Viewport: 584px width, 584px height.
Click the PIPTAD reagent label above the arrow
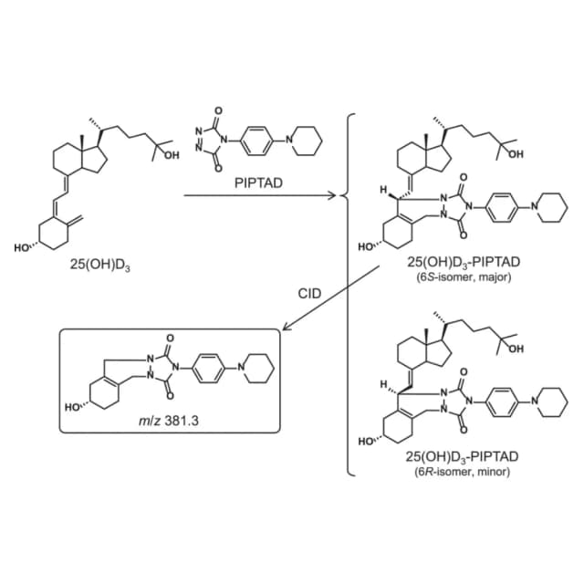pyautogui.click(x=258, y=182)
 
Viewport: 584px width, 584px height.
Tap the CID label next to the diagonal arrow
pyautogui.click(x=309, y=294)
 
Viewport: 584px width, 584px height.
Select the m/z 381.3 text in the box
pyautogui.click(x=168, y=421)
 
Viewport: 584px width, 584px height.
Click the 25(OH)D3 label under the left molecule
pyautogui.click(x=100, y=266)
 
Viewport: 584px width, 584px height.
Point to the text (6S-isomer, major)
pyautogui.click(x=464, y=277)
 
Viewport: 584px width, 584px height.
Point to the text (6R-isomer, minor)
pyautogui.click(x=462, y=472)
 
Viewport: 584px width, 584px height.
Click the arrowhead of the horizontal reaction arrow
pyautogui.click(x=332, y=194)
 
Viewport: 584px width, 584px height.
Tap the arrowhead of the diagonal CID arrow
pyautogui.click(x=287, y=327)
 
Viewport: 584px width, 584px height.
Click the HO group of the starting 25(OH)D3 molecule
pyautogui.click(x=23, y=247)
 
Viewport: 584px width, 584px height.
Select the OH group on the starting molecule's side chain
pyautogui.click(x=172, y=155)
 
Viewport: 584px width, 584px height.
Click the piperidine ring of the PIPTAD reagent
pyautogui.click(x=306, y=141)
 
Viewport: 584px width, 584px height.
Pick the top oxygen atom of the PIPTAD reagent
pyautogui.click(x=219, y=110)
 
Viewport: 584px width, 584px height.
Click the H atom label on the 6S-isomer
pyautogui.click(x=382, y=190)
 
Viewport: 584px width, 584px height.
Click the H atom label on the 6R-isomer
pyautogui.click(x=382, y=384)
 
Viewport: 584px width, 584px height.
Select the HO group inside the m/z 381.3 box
pyautogui.click(x=73, y=407)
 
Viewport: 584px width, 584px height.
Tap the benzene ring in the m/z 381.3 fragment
pyautogui.click(x=209, y=369)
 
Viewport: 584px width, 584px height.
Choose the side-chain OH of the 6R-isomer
pyautogui.click(x=516, y=349)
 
